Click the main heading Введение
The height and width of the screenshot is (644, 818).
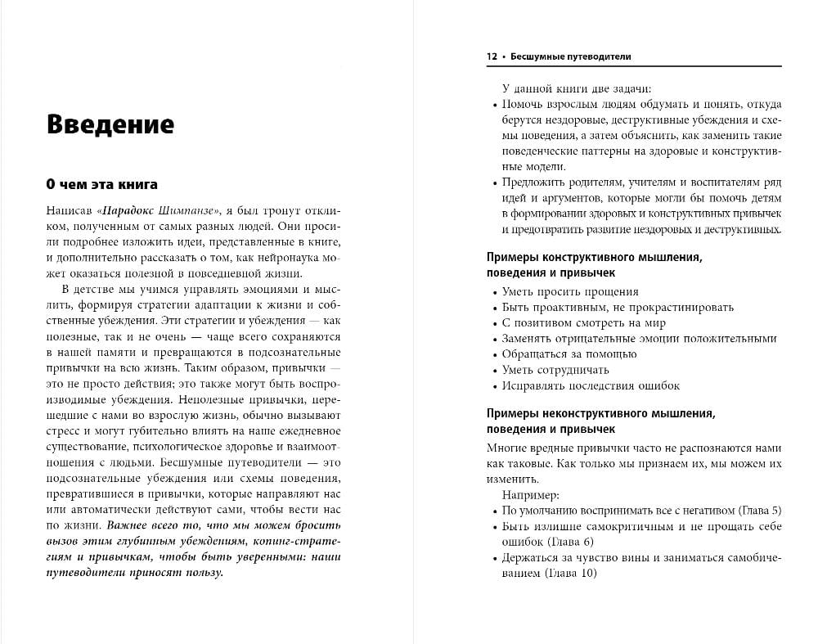click(110, 124)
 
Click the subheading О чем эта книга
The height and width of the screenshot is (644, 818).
click(101, 184)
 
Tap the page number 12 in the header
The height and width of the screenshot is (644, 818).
click(492, 57)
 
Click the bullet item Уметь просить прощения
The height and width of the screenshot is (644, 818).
click(570, 292)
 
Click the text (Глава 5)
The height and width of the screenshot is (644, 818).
click(760, 511)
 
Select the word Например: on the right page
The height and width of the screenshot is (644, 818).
click(531, 495)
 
